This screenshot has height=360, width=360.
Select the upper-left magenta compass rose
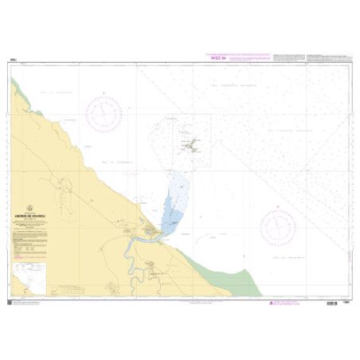point(106,112)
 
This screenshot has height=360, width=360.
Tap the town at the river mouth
point(151,232)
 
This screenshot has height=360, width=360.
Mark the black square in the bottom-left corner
point(10,300)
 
